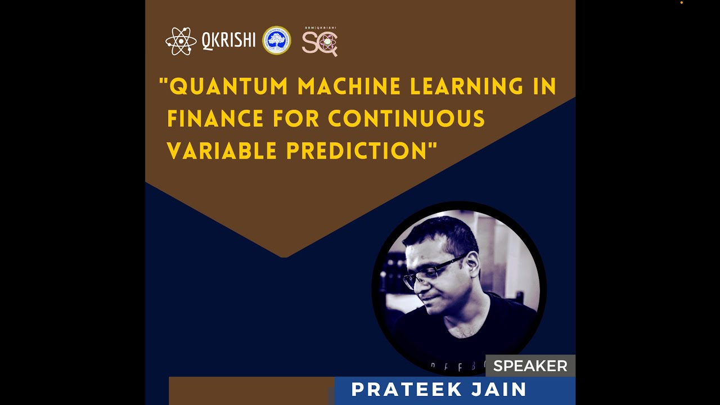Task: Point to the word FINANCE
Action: (x=216, y=119)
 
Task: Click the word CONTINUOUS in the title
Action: (x=406, y=119)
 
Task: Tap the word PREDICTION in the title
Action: (x=358, y=151)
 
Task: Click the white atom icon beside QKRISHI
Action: (x=181, y=41)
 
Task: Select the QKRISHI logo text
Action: (x=228, y=40)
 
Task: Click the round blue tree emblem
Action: (x=277, y=40)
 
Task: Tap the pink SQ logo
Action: (x=319, y=43)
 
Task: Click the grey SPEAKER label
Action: (x=530, y=366)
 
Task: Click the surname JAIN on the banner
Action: (x=502, y=389)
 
